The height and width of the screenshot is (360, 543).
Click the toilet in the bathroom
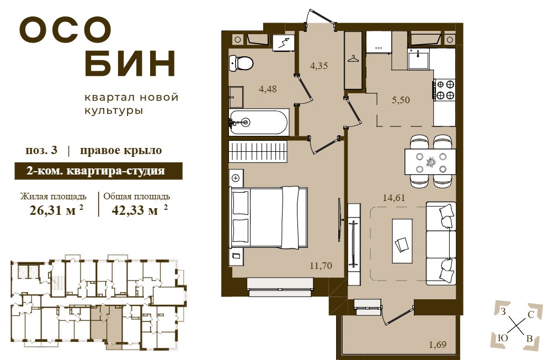tap(241, 63)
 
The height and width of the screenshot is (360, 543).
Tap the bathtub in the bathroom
tap(258, 121)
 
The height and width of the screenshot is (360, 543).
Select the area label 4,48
tap(268, 89)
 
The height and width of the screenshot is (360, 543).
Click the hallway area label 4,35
tap(318, 66)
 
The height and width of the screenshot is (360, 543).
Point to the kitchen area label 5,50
tap(401, 100)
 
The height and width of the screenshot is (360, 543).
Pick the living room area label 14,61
tap(394, 198)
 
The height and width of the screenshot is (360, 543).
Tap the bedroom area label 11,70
tap(321, 266)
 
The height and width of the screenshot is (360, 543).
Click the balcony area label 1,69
tap(438, 345)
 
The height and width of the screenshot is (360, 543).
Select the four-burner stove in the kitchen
tap(445, 89)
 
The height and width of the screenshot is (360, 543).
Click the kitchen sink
tap(418, 59)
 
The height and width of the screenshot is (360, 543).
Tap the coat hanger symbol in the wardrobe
tap(353, 59)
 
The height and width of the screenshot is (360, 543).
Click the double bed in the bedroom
tap(268, 218)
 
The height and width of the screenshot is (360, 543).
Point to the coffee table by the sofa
tap(402, 241)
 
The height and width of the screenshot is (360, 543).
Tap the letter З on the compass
tap(503, 311)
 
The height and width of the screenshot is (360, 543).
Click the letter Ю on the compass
tap(503, 337)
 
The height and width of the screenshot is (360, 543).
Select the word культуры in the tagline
tap(114, 111)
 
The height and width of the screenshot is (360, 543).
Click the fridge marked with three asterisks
tap(379, 42)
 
